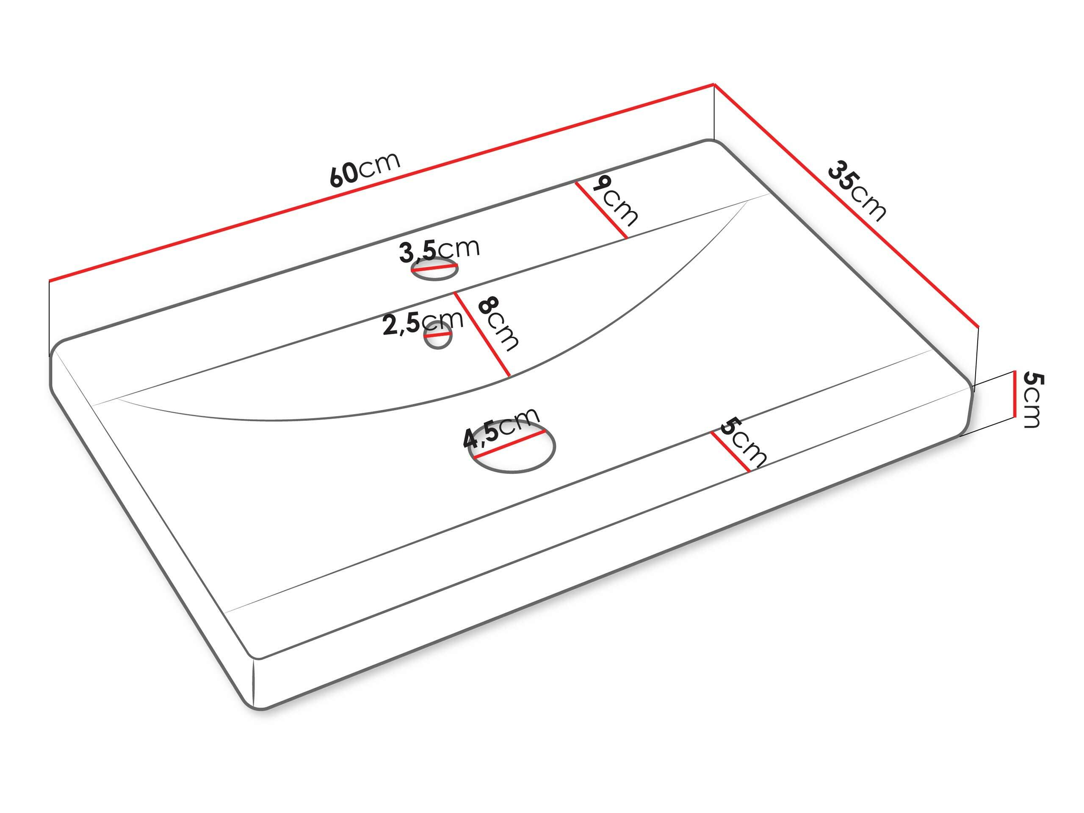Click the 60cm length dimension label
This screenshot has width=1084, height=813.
pos(365,169)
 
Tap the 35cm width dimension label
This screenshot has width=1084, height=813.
pos(857,191)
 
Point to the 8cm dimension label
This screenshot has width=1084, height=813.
pos(498,324)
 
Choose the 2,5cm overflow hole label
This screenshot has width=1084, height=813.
pos(423,323)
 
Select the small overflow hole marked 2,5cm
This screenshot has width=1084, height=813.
pos(437,336)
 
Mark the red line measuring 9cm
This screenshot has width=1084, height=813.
pos(601,210)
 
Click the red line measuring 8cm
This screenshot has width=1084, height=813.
pos(482,334)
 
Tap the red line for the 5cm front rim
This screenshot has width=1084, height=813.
pos(730,452)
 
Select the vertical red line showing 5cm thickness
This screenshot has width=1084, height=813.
pos(1013,395)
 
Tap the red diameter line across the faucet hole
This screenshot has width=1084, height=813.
pos(434,268)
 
